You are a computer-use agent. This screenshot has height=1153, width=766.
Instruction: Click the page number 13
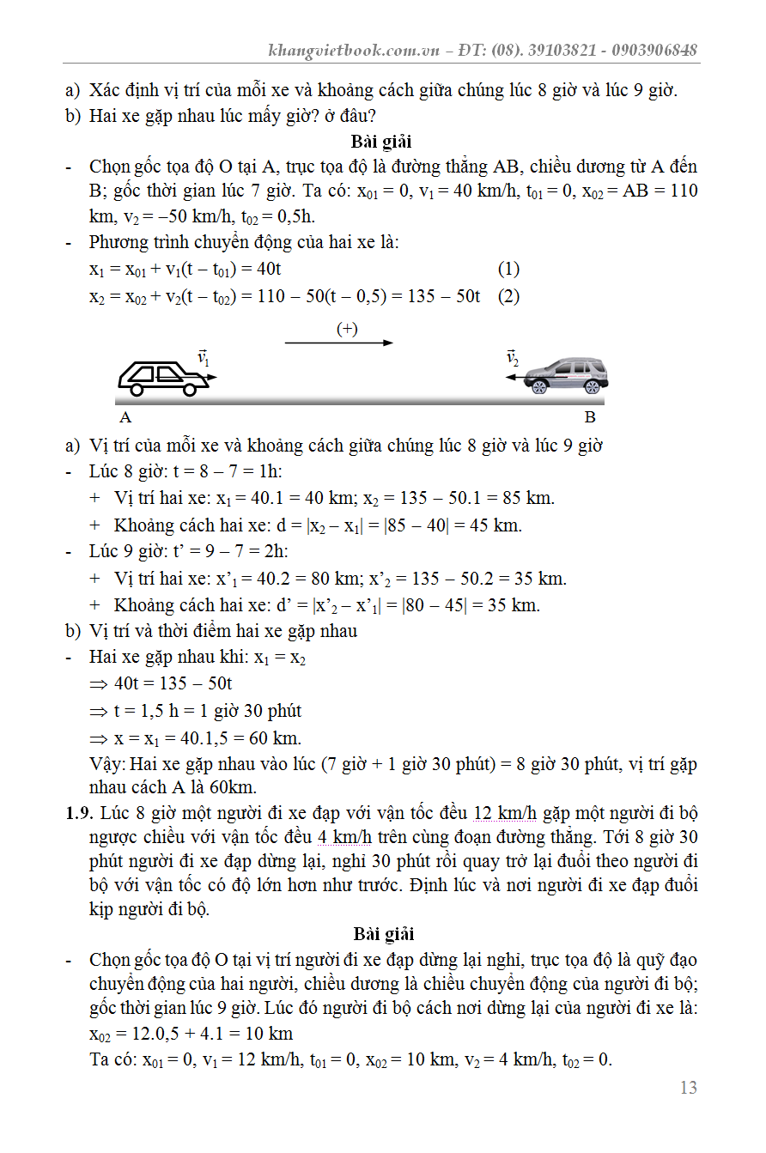click(x=688, y=1088)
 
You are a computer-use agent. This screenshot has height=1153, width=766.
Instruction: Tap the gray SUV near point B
click(x=566, y=376)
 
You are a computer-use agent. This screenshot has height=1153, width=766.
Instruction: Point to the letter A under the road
click(x=125, y=417)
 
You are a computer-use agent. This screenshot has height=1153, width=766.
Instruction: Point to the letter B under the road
click(x=590, y=417)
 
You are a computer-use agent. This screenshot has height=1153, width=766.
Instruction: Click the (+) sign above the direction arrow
click(x=347, y=329)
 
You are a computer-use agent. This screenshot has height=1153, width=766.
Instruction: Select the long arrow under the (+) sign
click(x=338, y=343)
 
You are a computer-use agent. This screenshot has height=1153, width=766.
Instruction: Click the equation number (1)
click(x=508, y=269)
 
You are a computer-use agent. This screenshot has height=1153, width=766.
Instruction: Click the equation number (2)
click(x=508, y=296)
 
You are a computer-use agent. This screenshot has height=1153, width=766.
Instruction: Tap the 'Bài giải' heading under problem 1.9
click(x=383, y=933)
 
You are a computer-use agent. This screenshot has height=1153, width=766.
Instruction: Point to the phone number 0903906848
click(x=654, y=50)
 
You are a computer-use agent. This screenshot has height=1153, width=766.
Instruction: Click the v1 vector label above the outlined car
click(x=204, y=357)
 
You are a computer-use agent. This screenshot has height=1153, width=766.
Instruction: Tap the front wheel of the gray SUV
click(x=539, y=387)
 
